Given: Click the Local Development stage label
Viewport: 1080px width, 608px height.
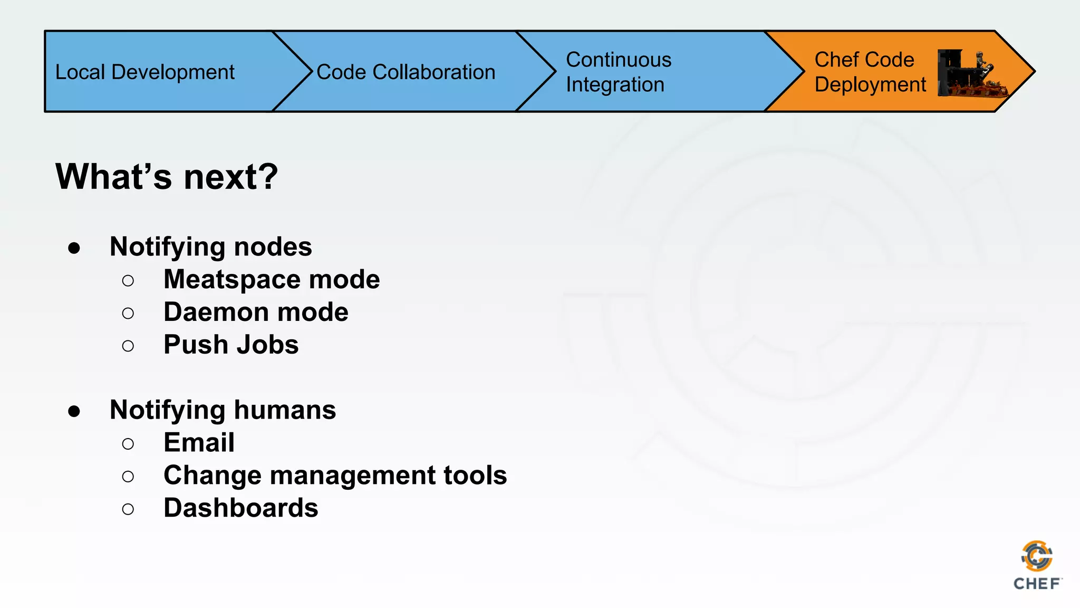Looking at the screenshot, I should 144,72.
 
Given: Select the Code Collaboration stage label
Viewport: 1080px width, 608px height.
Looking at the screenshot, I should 406,72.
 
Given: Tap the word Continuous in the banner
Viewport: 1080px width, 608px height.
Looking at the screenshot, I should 618,60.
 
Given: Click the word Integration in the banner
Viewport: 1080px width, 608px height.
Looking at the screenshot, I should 614,84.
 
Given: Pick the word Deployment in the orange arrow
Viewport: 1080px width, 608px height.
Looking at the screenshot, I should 870,84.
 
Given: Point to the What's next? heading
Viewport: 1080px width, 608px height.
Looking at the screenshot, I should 166,176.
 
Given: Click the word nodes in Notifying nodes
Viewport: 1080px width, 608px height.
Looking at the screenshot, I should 273,246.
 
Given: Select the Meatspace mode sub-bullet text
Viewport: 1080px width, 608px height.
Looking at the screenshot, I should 271,279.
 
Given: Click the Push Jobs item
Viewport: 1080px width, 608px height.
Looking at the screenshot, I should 230,345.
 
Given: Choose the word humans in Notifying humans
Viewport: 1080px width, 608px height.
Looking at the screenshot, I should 284,410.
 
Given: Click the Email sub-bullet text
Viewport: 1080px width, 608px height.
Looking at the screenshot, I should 198,442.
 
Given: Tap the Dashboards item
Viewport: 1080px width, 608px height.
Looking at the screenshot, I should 240,508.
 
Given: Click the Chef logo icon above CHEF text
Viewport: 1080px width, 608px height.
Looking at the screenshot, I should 1037,556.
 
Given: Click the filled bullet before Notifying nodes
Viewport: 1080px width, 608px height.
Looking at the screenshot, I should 74,248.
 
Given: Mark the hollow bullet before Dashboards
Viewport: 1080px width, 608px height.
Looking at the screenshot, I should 128,509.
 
